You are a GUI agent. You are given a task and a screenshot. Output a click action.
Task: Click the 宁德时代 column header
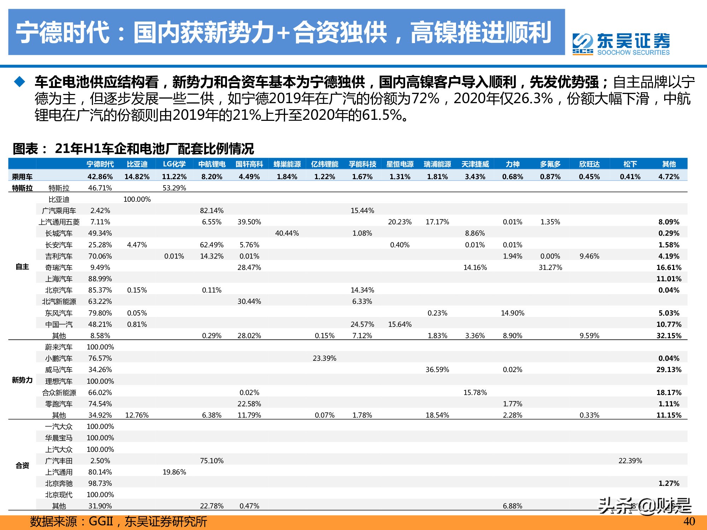pyautogui.click(x=100, y=164)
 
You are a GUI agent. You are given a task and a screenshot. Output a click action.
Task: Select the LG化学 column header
pyautogui.click(x=174, y=164)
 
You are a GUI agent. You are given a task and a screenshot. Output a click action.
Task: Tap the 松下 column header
pyautogui.click(x=630, y=164)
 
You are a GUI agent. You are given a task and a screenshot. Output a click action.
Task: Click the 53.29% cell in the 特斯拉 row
pyautogui.click(x=174, y=188)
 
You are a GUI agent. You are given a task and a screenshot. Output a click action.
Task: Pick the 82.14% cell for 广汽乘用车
pyautogui.click(x=211, y=211)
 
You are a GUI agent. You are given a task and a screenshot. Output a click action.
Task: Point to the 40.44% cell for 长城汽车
pyautogui.click(x=287, y=233)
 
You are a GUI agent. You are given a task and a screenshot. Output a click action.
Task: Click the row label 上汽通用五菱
pyautogui.click(x=59, y=222)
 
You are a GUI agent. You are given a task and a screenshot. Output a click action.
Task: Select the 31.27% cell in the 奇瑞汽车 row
pyautogui.click(x=550, y=267)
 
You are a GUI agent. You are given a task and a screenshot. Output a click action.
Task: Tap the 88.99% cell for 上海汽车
pyautogui.click(x=100, y=279)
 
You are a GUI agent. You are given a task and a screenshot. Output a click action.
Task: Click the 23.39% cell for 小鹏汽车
pyautogui.click(x=324, y=358)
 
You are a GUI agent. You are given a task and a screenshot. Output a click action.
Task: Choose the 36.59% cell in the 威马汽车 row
pyautogui.click(x=437, y=370)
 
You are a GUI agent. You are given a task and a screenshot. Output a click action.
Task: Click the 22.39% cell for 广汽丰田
pyautogui.click(x=630, y=461)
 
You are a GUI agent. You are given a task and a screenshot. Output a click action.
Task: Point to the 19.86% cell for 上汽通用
pyautogui.click(x=174, y=472)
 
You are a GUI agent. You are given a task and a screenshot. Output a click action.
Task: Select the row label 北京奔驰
pyautogui.click(x=59, y=483)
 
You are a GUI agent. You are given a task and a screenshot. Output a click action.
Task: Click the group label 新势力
pyautogui.click(x=22, y=380)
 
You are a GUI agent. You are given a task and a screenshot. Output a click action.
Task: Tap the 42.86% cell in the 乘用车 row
pyautogui.click(x=100, y=176)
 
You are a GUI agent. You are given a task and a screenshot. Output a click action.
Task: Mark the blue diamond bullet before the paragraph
pyautogui.click(x=19, y=82)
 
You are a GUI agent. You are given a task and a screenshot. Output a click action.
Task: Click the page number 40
pyautogui.click(x=689, y=522)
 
